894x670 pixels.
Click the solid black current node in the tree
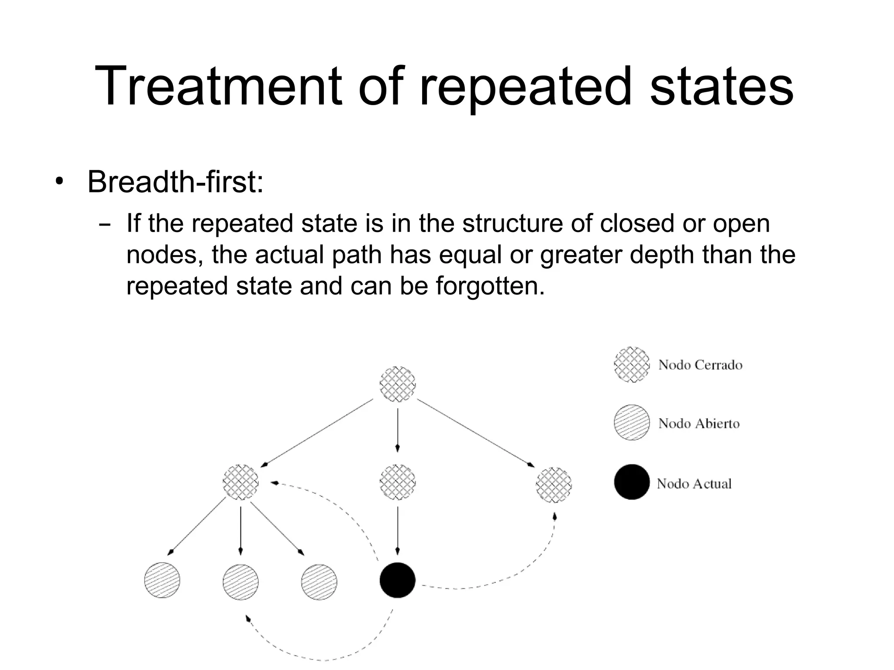pos(397,580)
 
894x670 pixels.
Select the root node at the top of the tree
pos(397,384)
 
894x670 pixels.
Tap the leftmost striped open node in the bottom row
pos(162,580)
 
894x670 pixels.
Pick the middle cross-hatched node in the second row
pos(397,482)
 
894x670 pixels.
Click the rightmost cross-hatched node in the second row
pos(554,484)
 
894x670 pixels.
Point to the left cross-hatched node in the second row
pos(241,482)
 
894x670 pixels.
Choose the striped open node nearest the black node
pos(319,582)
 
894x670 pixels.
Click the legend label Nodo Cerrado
pos(700,365)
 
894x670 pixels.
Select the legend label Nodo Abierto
pos(699,424)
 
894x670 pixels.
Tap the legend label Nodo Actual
pos(694,484)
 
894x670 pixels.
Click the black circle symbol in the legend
pos(632,482)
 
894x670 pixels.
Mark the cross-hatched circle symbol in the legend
pos(632,365)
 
